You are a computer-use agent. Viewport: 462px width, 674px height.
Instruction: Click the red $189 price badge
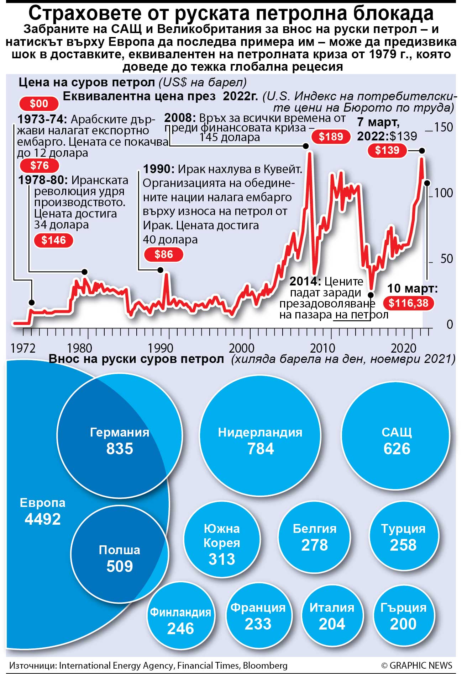[331, 137]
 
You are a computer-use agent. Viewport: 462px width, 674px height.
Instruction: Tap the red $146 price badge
[53, 240]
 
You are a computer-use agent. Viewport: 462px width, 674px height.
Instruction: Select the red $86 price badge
[163, 255]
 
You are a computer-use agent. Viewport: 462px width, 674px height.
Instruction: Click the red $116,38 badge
[408, 303]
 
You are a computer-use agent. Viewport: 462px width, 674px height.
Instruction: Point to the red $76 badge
[39, 166]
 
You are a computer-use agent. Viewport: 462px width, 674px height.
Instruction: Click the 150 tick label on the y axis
[443, 127]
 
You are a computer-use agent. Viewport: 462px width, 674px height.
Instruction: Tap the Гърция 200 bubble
[403, 617]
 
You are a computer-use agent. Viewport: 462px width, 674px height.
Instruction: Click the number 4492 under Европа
[43, 519]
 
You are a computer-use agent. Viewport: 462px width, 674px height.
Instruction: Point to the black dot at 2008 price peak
[305, 146]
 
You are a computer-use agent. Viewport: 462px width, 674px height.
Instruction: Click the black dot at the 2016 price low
[371, 295]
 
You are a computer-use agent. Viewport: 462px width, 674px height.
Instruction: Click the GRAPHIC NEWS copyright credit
[416, 665]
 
